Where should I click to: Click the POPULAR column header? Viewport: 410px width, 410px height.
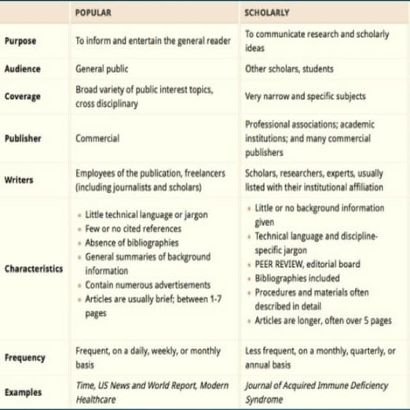93,13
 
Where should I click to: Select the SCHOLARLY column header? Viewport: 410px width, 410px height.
267,13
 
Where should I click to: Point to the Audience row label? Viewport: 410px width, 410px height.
23,69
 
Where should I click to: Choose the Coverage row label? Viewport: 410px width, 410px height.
23,97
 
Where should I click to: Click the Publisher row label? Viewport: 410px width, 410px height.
23,138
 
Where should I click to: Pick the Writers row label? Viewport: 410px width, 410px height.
20,180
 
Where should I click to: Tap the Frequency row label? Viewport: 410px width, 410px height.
25,357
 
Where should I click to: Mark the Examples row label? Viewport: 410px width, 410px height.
24,391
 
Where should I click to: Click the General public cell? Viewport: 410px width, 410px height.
101,69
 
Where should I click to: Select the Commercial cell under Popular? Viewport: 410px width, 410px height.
97,138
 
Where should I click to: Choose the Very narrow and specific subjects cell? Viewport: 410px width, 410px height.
305,97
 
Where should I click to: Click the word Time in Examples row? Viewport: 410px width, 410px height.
83,386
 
